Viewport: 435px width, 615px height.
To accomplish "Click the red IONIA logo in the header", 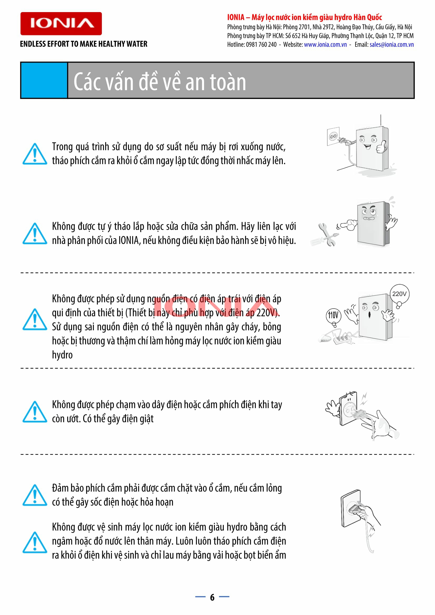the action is pos(61,24).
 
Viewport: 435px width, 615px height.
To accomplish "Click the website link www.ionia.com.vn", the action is pos(325,44).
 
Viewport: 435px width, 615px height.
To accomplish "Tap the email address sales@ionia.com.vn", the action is pos(392,44).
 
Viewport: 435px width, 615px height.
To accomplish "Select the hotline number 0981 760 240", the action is pos(261,44).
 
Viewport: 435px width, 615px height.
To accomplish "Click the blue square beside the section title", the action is pos(44,80).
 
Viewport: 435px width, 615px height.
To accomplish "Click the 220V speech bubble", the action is pos(399,295).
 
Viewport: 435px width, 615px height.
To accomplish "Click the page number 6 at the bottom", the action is pos(212,597).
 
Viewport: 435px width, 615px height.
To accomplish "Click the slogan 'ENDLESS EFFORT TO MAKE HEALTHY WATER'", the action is pos(84,44).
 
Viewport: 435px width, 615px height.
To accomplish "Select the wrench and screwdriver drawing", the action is pos(325,235).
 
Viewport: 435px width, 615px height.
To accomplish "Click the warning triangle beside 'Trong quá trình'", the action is pos(34,154).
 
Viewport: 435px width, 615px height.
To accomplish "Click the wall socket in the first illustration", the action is pos(333,136).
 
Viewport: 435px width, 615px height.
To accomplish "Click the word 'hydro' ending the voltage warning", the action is pos(62,355).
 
